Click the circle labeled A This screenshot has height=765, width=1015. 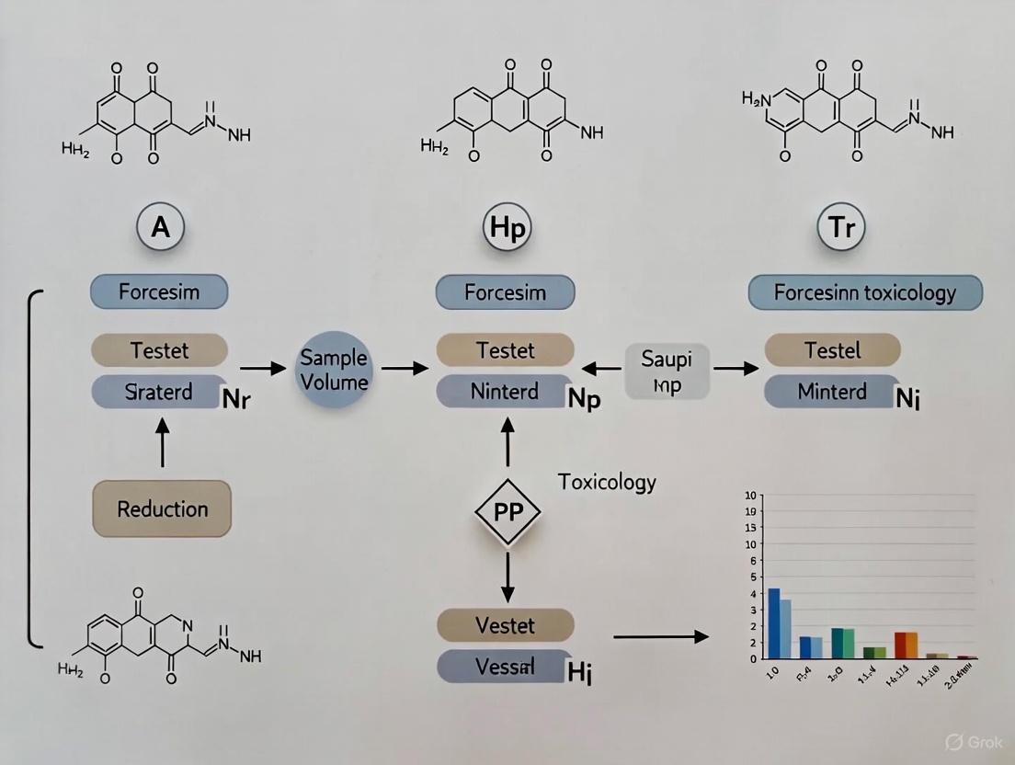[x=160, y=227]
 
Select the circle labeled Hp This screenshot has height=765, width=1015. [x=505, y=227]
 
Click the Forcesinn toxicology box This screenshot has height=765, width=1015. [x=865, y=293]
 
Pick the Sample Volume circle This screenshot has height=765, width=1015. [x=334, y=369]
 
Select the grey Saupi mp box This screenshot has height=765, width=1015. [x=667, y=371]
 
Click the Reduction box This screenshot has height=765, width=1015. [x=162, y=508]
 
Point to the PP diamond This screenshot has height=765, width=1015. [x=507, y=513]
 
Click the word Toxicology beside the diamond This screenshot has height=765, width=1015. [x=607, y=482]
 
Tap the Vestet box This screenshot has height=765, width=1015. [x=505, y=625]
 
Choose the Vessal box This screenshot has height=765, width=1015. [x=501, y=666]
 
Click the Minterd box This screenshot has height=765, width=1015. [x=831, y=392]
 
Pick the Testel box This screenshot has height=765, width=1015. [x=832, y=350]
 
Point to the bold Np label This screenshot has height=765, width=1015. [x=583, y=400]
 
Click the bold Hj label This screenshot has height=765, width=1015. [x=580, y=674]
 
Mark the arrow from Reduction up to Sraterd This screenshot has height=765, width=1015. [x=163, y=442]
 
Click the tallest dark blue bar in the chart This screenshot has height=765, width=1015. [x=773, y=622]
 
